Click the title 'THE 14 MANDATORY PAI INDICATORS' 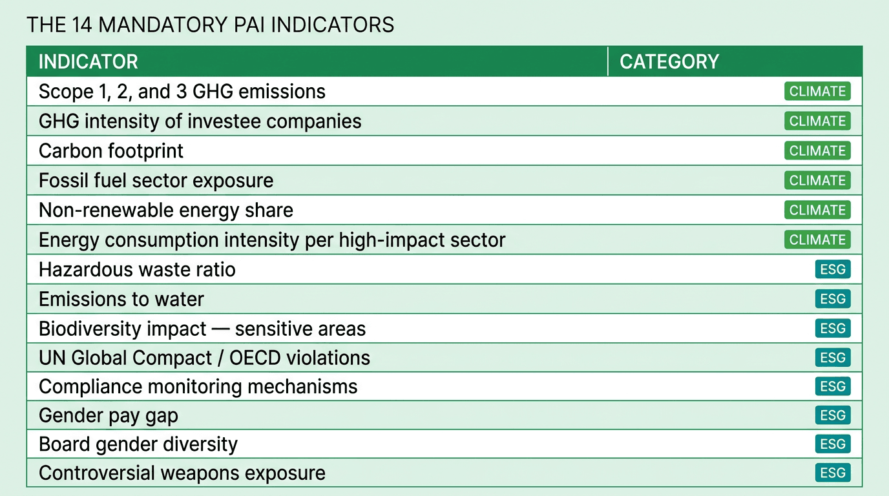(x=210, y=25)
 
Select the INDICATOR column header (x=88, y=62)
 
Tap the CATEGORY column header (x=669, y=62)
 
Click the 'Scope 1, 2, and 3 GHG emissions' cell (x=182, y=92)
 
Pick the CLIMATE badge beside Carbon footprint (x=817, y=151)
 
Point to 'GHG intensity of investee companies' (x=200, y=121)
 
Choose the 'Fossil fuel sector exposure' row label (x=156, y=181)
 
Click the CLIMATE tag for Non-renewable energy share (x=817, y=211)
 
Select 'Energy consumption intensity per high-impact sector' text (x=271, y=240)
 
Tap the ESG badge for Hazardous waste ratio (x=832, y=269)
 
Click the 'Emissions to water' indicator (x=121, y=299)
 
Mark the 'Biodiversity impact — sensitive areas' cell (x=202, y=329)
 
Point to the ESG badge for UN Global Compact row (x=832, y=358)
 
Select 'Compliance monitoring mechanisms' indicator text (x=198, y=387)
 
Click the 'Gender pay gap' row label (x=108, y=416)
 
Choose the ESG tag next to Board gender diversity (x=832, y=444)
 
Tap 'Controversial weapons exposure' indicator (x=182, y=473)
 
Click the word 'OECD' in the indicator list (x=260, y=358)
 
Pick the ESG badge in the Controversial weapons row (x=832, y=473)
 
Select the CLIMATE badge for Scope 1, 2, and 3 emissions (x=817, y=92)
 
